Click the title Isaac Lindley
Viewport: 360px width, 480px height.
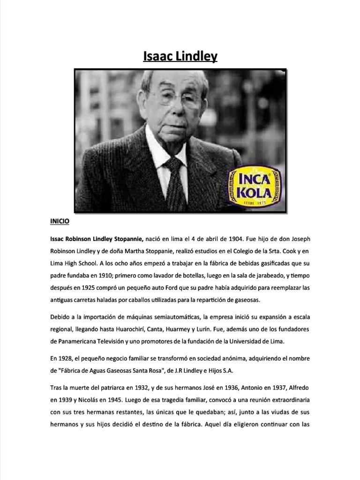[180, 57]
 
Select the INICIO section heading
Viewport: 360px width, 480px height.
[60, 219]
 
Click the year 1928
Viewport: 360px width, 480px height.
[66, 359]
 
